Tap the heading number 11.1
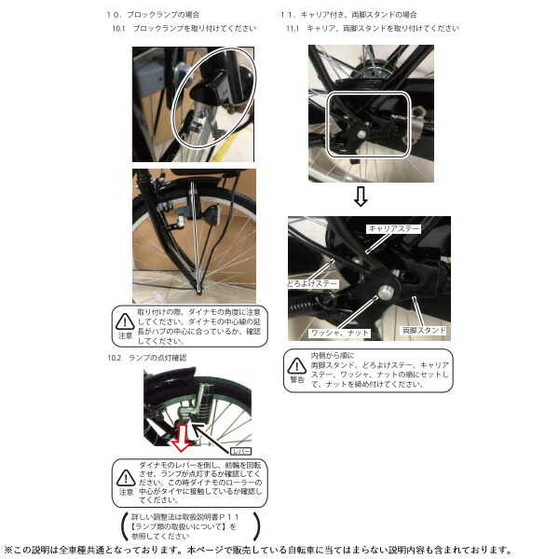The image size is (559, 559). coord(292,29)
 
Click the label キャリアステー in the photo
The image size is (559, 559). coord(394,227)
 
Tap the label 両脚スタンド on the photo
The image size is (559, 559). coord(425,330)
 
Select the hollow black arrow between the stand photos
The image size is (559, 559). coord(361,197)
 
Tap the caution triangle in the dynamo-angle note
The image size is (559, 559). coord(124,321)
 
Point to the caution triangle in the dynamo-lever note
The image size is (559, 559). coord(124,478)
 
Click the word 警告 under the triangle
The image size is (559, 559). coord(297,380)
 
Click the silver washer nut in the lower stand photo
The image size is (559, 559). coord(383,293)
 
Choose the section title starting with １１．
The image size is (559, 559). coord(348,15)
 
